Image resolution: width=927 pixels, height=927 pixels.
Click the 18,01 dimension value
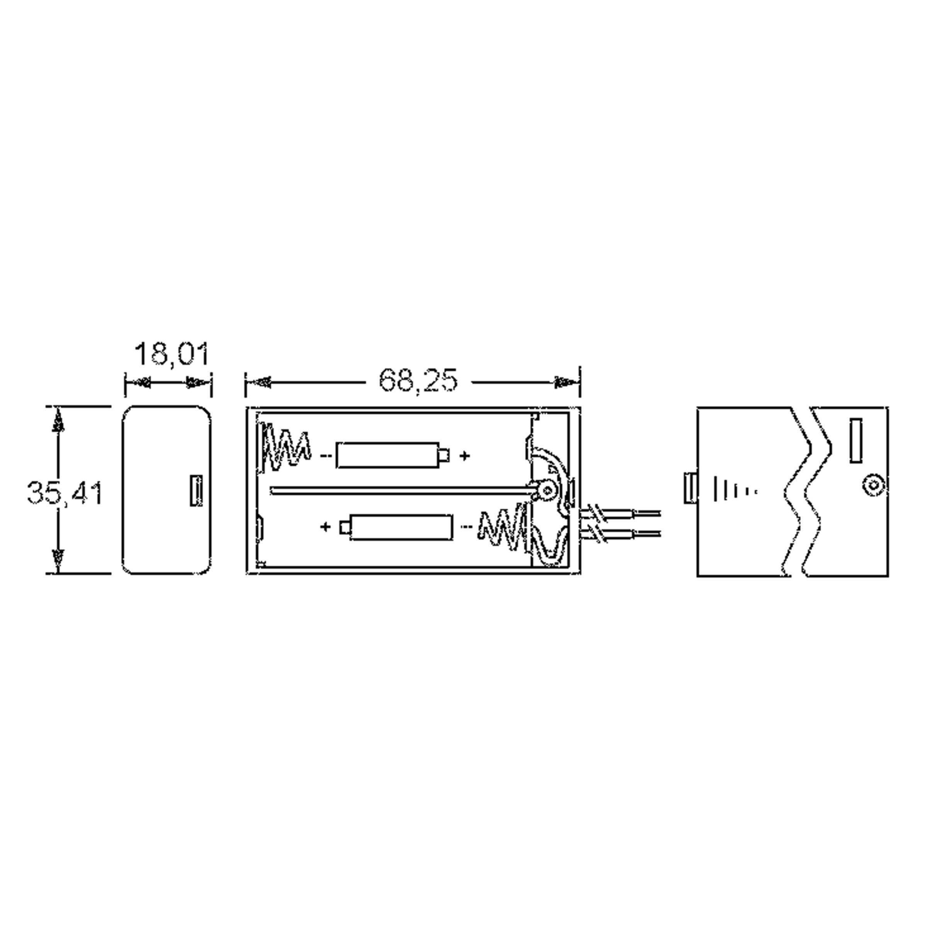(x=172, y=355)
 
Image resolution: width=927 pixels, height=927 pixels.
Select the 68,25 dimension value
(x=418, y=380)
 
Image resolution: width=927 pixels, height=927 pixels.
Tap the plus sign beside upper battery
(x=464, y=455)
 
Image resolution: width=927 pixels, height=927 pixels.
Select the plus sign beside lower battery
(x=325, y=527)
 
